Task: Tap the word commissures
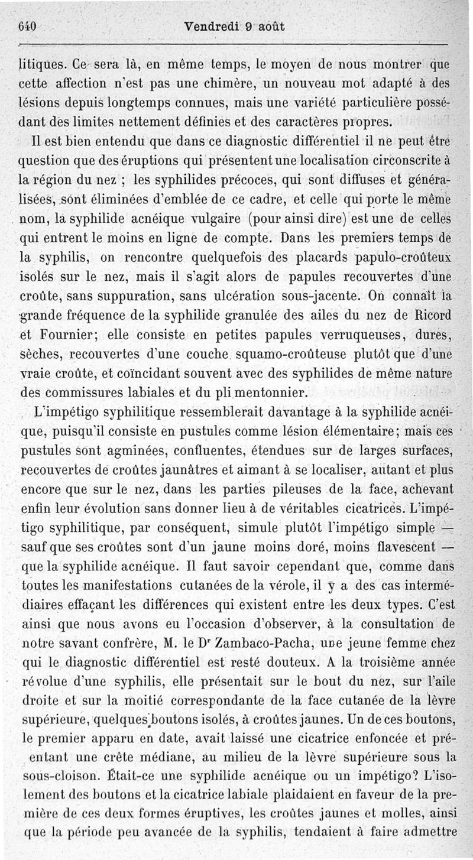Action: pyautogui.click(x=70, y=392)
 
